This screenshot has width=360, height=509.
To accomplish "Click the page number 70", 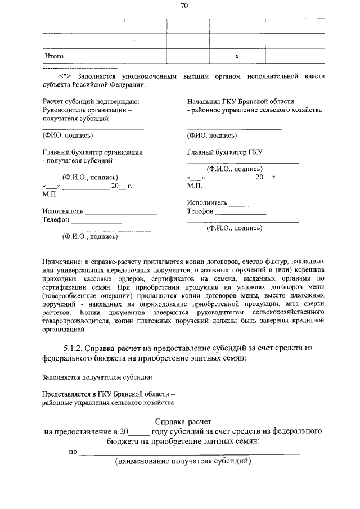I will pyautogui.click(x=184, y=6).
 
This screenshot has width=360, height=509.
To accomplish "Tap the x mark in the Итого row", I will pyautogui.click(x=237, y=56).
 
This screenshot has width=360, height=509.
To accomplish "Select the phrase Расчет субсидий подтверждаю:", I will pyautogui.click(x=91, y=101).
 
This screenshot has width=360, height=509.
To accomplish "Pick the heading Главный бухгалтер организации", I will pyautogui.click(x=92, y=152).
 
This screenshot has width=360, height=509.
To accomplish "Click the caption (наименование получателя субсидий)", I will pyautogui.click(x=183, y=461).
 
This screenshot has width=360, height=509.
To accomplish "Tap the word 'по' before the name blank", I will pyautogui.click(x=73, y=451).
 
